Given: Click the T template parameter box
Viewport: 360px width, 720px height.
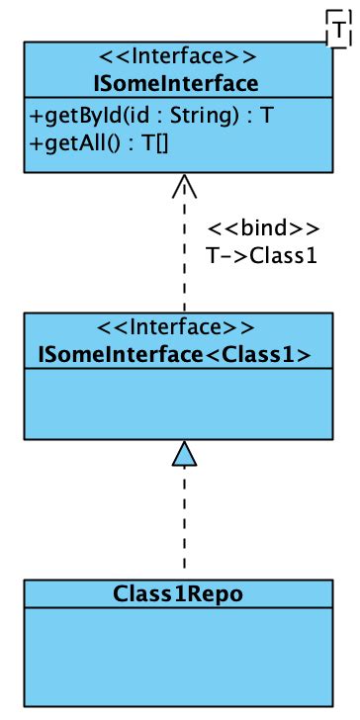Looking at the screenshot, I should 338,32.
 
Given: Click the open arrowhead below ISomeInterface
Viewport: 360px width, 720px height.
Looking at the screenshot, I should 184,186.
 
